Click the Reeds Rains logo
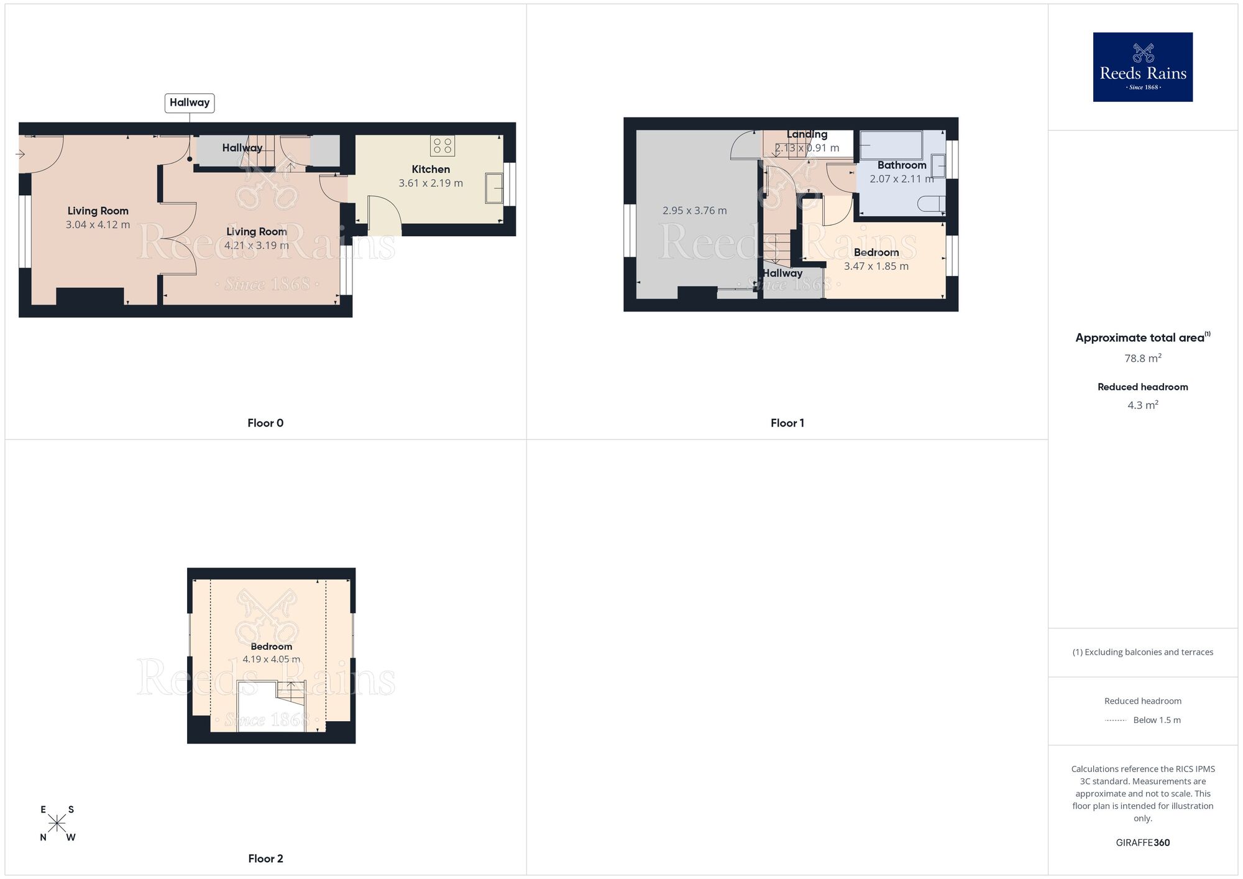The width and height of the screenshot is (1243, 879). point(1142,67)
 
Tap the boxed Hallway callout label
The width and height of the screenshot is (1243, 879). point(190,103)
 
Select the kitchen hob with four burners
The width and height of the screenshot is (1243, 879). point(442,146)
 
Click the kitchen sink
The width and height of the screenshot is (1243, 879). point(495,188)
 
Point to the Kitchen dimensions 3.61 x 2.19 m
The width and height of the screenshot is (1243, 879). point(431,183)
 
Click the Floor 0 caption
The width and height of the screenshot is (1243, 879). point(265,423)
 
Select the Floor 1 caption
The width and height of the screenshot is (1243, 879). point(787,423)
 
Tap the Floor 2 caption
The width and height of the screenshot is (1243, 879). point(265,858)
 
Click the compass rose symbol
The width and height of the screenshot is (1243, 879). point(57,824)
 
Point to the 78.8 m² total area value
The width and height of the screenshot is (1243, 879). point(1143,359)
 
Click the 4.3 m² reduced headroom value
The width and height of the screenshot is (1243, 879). point(1143,405)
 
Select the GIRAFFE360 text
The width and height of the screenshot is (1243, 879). point(1143,843)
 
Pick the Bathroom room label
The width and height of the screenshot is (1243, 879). point(902,165)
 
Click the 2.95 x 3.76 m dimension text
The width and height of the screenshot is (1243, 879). point(694,211)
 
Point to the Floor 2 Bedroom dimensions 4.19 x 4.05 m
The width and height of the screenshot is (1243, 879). point(271,660)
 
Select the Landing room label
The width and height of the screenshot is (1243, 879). point(807,134)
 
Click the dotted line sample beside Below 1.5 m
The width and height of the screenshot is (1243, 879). point(1116,720)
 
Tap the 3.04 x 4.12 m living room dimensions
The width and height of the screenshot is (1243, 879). point(98,225)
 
